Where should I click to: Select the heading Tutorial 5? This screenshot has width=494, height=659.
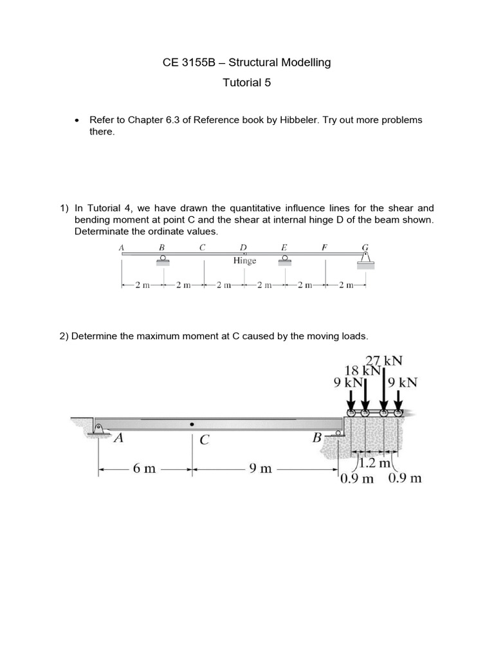[246, 82]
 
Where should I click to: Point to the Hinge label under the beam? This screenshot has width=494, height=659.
[244, 261]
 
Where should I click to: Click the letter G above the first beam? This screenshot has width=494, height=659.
[365, 246]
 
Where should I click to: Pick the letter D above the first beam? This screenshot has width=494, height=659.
[242, 246]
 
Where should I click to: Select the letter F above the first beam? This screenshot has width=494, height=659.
[324, 246]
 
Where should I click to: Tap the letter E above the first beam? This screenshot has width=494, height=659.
[284, 246]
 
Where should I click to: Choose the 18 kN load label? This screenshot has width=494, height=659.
[363, 371]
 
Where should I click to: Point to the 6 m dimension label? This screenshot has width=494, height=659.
[144, 469]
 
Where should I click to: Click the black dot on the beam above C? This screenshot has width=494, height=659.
[192, 425]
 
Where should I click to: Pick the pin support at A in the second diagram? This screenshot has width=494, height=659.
[98, 429]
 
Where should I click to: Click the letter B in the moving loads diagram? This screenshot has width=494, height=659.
[317, 439]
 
